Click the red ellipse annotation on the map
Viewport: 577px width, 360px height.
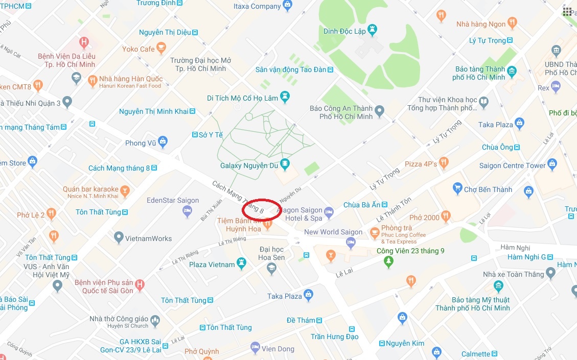(261, 209)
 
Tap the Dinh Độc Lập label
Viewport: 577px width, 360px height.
(344, 32)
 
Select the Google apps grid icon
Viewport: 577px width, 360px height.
(567, 12)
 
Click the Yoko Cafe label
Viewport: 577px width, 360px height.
(138, 49)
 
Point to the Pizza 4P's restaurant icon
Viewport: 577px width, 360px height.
(443, 163)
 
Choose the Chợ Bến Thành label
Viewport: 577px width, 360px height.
(488, 189)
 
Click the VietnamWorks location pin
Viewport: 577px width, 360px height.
(119, 237)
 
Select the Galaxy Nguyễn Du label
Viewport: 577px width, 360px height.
(249, 165)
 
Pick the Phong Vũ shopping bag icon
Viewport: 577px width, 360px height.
(163, 141)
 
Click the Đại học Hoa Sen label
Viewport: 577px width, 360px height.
(271, 253)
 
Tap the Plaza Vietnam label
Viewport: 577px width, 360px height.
(212, 265)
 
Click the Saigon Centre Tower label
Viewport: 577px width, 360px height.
(512, 165)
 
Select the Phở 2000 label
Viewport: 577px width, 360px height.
(424, 218)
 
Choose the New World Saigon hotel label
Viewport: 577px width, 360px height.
(333, 232)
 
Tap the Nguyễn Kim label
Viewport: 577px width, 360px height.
(405, 343)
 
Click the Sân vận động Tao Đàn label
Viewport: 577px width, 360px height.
(290, 69)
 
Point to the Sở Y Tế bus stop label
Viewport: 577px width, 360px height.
(211, 135)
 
